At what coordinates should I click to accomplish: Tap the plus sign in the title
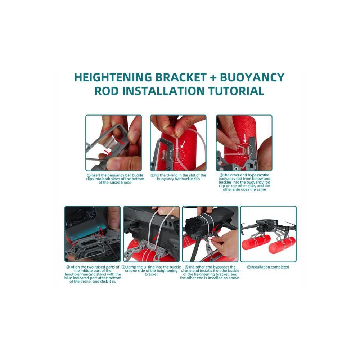[x=213, y=78]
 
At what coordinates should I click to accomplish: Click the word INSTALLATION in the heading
[x=163, y=91]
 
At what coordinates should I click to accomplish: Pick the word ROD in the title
[x=107, y=91]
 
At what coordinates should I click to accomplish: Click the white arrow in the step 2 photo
[x=183, y=145]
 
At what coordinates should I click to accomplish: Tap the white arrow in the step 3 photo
[x=245, y=139]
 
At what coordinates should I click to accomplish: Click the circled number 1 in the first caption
[x=89, y=175]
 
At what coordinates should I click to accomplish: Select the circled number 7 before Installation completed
[x=248, y=267]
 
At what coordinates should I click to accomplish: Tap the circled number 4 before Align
[x=68, y=267]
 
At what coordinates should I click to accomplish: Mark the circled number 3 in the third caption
[x=221, y=175]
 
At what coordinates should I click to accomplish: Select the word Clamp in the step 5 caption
[x=130, y=267]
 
